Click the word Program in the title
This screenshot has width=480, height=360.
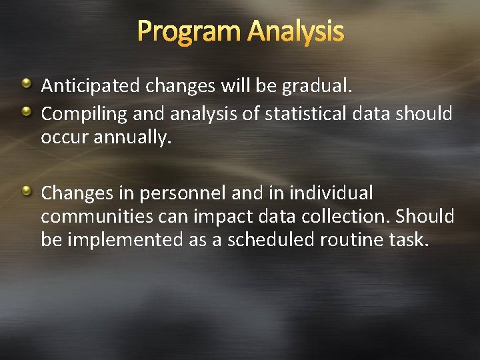(x=189, y=31)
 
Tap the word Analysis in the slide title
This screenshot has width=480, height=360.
(x=295, y=31)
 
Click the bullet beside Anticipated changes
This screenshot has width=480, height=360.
(x=27, y=84)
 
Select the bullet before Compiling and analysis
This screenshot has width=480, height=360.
(x=27, y=112)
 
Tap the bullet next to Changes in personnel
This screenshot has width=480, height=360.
(x=27, y=192)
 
